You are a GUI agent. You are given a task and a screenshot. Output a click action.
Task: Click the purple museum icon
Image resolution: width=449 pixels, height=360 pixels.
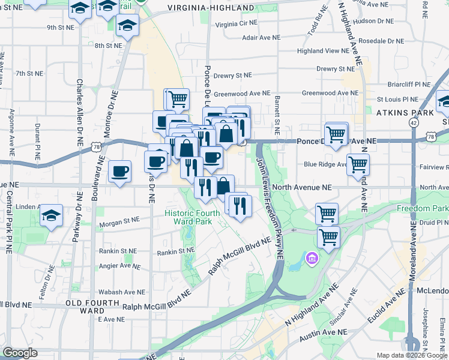pos(312,259)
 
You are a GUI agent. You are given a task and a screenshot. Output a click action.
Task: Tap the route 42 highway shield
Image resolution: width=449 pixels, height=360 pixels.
pos(414,122)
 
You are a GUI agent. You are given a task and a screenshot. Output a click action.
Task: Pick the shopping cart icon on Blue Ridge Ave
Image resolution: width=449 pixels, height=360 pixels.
pos(358,163)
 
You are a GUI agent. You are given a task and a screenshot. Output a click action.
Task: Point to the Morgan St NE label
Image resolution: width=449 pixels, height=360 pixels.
pos(122,221)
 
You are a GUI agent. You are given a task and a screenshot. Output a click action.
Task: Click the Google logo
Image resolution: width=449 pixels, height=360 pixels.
pos(20,353)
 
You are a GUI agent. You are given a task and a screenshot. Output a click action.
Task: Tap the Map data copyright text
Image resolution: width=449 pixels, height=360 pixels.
pos(411,355)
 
